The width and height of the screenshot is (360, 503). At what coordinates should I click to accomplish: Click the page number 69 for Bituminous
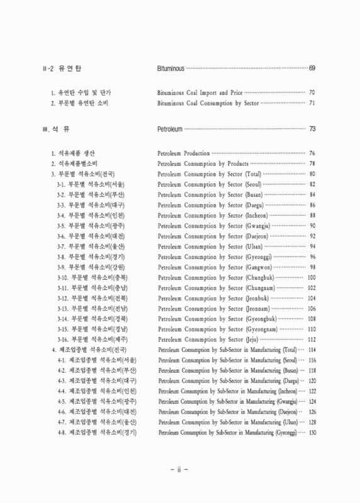click(312, 68)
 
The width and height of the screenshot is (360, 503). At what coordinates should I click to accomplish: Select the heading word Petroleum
click(169, 129)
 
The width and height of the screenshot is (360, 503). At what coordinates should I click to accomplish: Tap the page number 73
click(312, 129)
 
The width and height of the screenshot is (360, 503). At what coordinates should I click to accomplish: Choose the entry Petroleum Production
click(183, 153)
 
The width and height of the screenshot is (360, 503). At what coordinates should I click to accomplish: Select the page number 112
click(311, 339)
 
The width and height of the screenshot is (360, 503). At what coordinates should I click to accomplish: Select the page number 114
click(311, 349)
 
